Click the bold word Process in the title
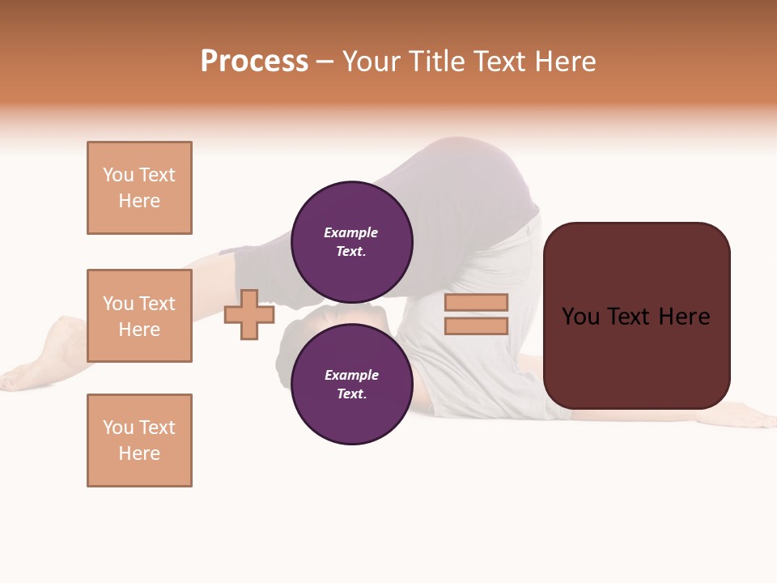tap(254, 62)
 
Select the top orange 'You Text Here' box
tap(139, 188)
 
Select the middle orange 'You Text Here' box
tap(139, 316)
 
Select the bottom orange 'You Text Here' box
tap(139, 440)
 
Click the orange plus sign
tap(249, 314)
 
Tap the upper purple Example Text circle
tap(351, 241)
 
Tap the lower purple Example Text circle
tap(351, 384)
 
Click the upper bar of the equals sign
tap(476, 302)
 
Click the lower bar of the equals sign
tap(476, 326)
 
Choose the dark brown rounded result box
tap(636, 356)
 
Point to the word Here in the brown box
tap(684, 317)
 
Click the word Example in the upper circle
tap(351, 232)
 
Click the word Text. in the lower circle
tap(351, 394)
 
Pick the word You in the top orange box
tap(117, 175)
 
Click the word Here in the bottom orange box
tap(139, 453)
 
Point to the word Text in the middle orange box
tap(157, 304)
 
